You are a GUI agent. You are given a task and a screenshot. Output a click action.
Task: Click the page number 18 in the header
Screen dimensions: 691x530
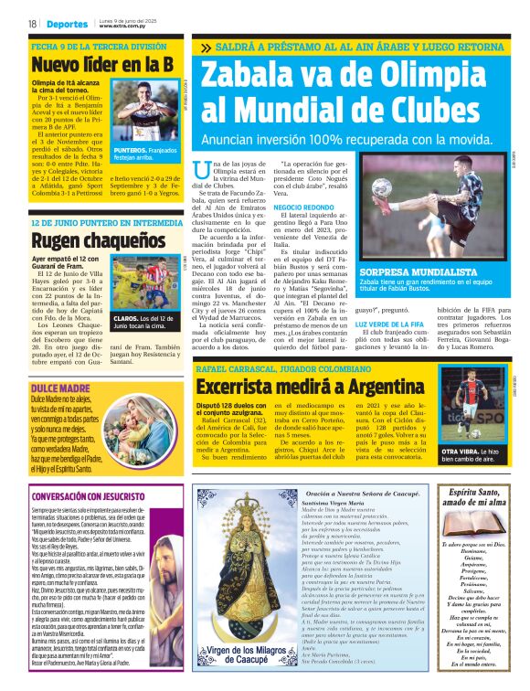(x=33, y=24)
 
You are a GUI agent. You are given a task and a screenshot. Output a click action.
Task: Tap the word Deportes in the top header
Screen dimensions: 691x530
(x=67, y=24)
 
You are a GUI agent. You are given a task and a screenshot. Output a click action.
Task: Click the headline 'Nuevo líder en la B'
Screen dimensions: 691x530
(x=102, y=65)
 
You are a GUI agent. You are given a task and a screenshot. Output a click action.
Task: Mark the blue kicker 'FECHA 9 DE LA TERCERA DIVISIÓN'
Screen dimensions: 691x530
(x=99, y=46)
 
